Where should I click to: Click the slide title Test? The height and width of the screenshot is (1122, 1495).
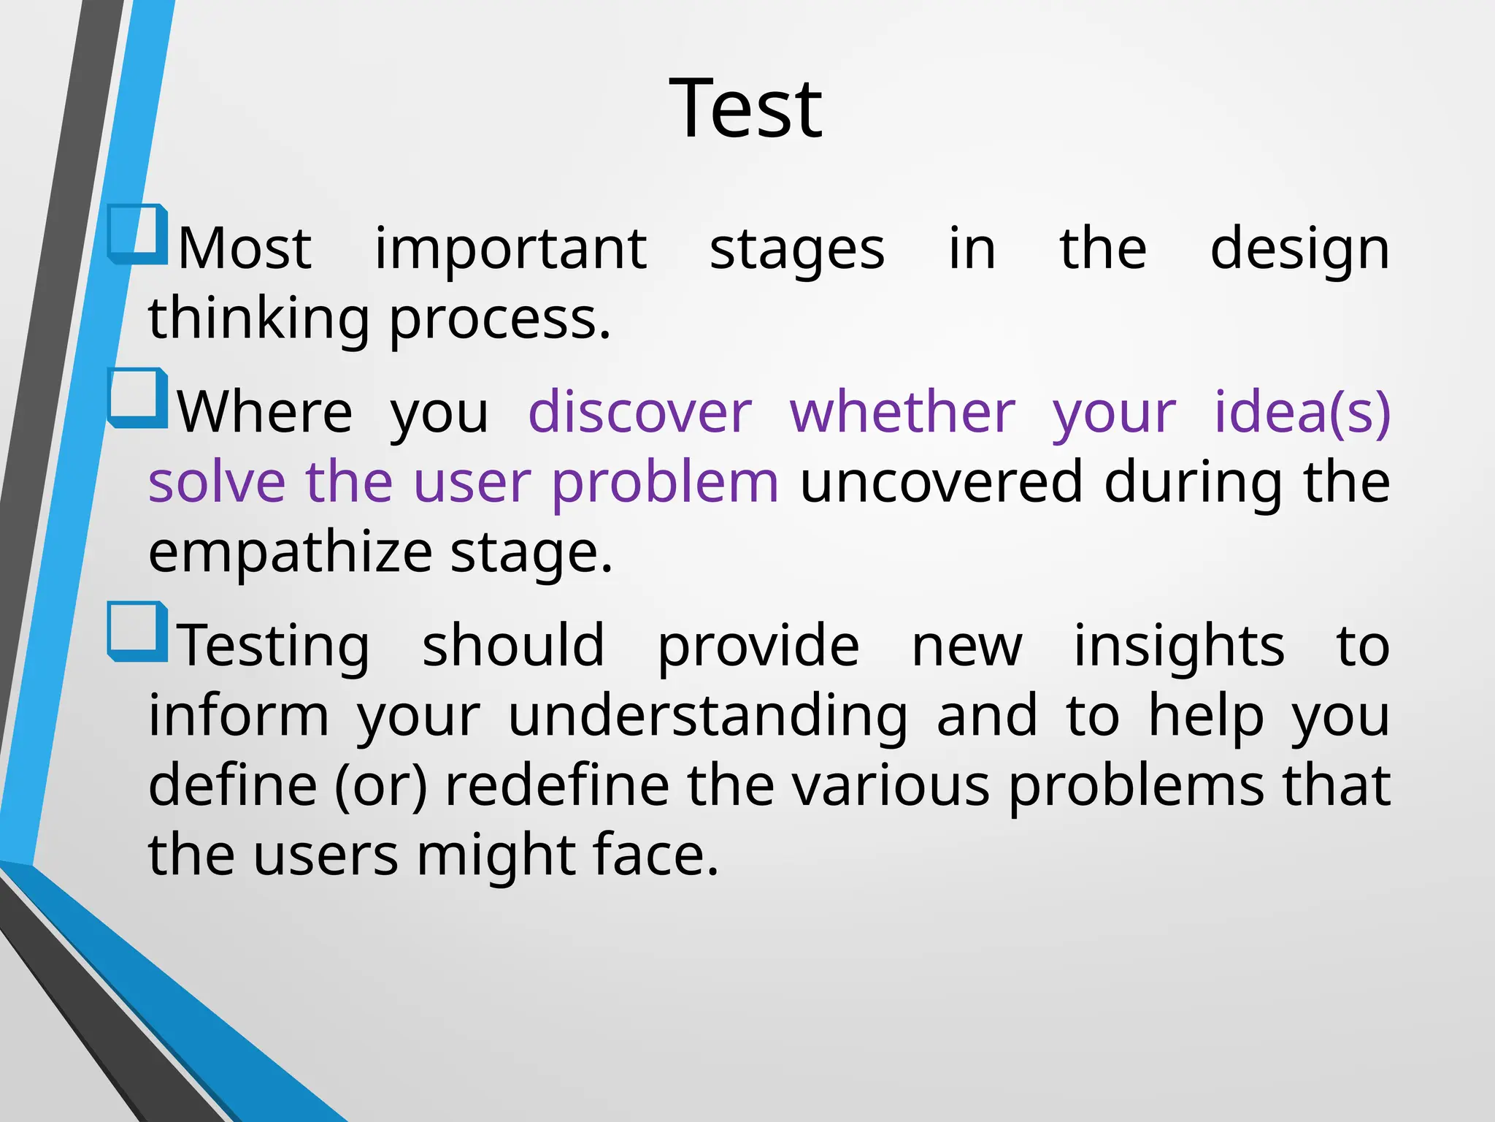point(745,110)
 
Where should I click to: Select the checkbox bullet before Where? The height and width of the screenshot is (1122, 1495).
point(137,399)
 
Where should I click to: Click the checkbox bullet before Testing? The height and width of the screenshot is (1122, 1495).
point(137,633)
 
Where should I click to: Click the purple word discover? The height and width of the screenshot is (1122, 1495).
point(639,413)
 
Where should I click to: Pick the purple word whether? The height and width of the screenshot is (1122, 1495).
point(902,413)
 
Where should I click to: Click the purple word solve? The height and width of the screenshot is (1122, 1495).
point(217,483)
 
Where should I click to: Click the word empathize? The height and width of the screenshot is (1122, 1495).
point(291,552)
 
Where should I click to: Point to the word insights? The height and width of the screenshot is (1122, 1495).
point(1178,647)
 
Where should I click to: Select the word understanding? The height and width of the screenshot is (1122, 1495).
point(707,717)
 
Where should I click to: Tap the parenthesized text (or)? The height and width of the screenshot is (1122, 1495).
point(380,786)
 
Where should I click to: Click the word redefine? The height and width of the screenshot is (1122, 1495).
point(557,786)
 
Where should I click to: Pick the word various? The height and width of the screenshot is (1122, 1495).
point(891,786)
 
